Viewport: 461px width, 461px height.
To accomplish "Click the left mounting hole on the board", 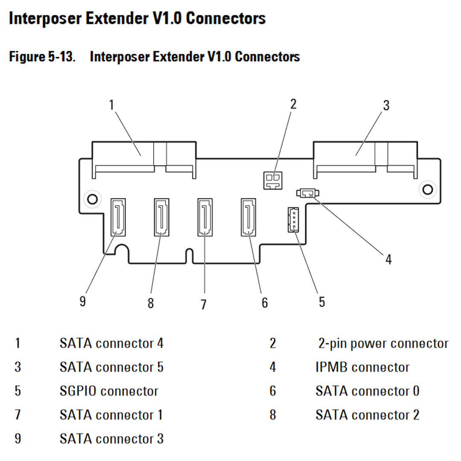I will (x=91, y=198).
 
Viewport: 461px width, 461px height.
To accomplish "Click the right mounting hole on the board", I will (x=426, y=188).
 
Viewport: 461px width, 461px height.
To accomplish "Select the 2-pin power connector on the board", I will (x=272, y=180).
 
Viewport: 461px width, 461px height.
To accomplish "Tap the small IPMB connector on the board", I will (x=307, y=193).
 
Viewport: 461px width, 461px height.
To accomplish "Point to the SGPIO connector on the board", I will (x=292, y=219).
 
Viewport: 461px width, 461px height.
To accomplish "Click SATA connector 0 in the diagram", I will (x=248, y=217).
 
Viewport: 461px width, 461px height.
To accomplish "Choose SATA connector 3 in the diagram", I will (x=118, y=217).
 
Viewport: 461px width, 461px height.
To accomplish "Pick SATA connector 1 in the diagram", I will (x=205, y=217).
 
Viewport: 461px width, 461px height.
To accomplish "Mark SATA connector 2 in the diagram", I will (x=161, y=217).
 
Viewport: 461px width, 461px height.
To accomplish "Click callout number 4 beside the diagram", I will (x=388, y=259).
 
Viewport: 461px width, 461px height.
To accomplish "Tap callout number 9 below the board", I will (x=83, y=301).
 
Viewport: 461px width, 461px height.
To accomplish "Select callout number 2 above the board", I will (x=293, y=104).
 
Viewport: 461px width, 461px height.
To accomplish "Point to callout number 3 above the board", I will (x=386, y=105).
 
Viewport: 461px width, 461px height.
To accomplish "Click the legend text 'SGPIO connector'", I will (x=109, y=391).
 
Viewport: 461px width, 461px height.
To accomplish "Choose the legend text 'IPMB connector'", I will (x=362, y=367).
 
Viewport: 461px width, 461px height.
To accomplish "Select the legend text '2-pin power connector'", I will (x=383, y=343).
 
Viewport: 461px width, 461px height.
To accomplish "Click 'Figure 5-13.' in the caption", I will (x=42, y=57).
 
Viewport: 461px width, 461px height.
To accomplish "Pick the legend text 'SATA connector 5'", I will (x=111, y=367).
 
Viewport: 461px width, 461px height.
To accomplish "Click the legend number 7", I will (x=18, y=415).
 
